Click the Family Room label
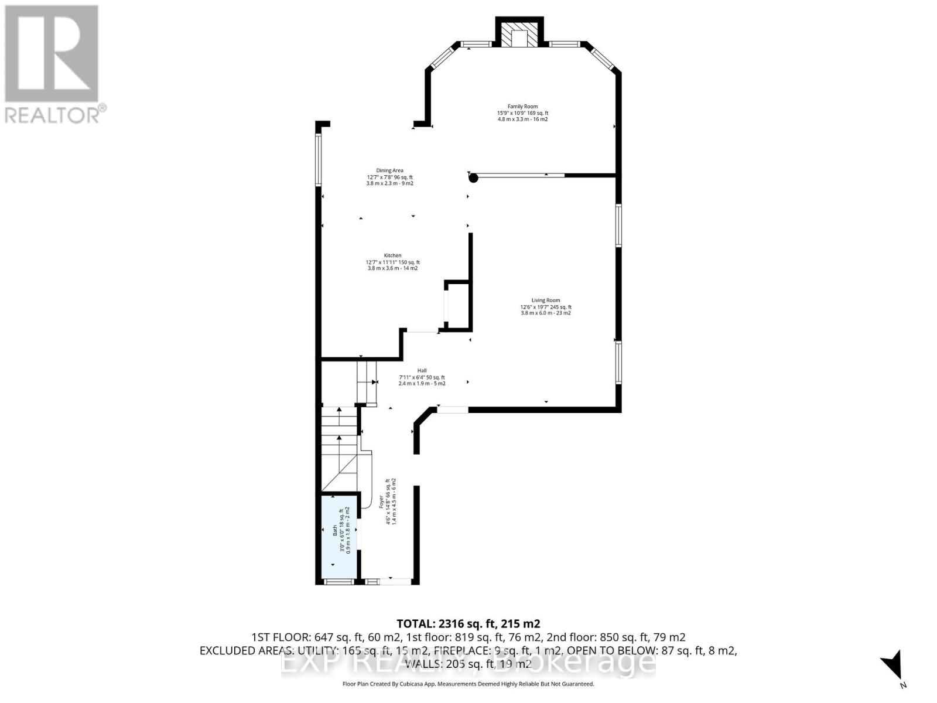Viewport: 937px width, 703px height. point(522,107)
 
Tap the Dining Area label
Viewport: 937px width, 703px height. point(389,170)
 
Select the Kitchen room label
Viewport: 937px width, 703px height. point(392,255)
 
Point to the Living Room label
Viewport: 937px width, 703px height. point(545,301)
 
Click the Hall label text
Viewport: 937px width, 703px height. point(422,370)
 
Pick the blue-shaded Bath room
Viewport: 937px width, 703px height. point(339,536)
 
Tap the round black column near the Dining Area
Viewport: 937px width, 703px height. point(474,178)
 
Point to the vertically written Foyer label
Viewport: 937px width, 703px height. point(381,502)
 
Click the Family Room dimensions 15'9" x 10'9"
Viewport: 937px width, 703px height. point(522,113)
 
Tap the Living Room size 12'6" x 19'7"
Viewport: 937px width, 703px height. point(545,307)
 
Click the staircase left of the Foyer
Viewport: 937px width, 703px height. point(340,445)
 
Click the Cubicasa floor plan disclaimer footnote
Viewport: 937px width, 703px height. point(468,684)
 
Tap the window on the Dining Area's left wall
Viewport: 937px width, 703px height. point(318,160)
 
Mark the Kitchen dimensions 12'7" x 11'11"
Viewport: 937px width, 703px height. point(392,262)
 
